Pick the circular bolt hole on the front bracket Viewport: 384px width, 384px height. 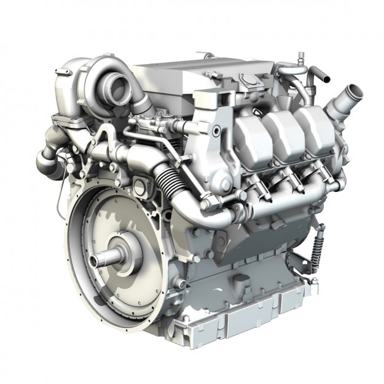click(216, 131)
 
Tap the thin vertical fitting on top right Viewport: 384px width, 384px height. click(300, 61)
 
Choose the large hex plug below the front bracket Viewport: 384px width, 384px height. click(225, 184)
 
